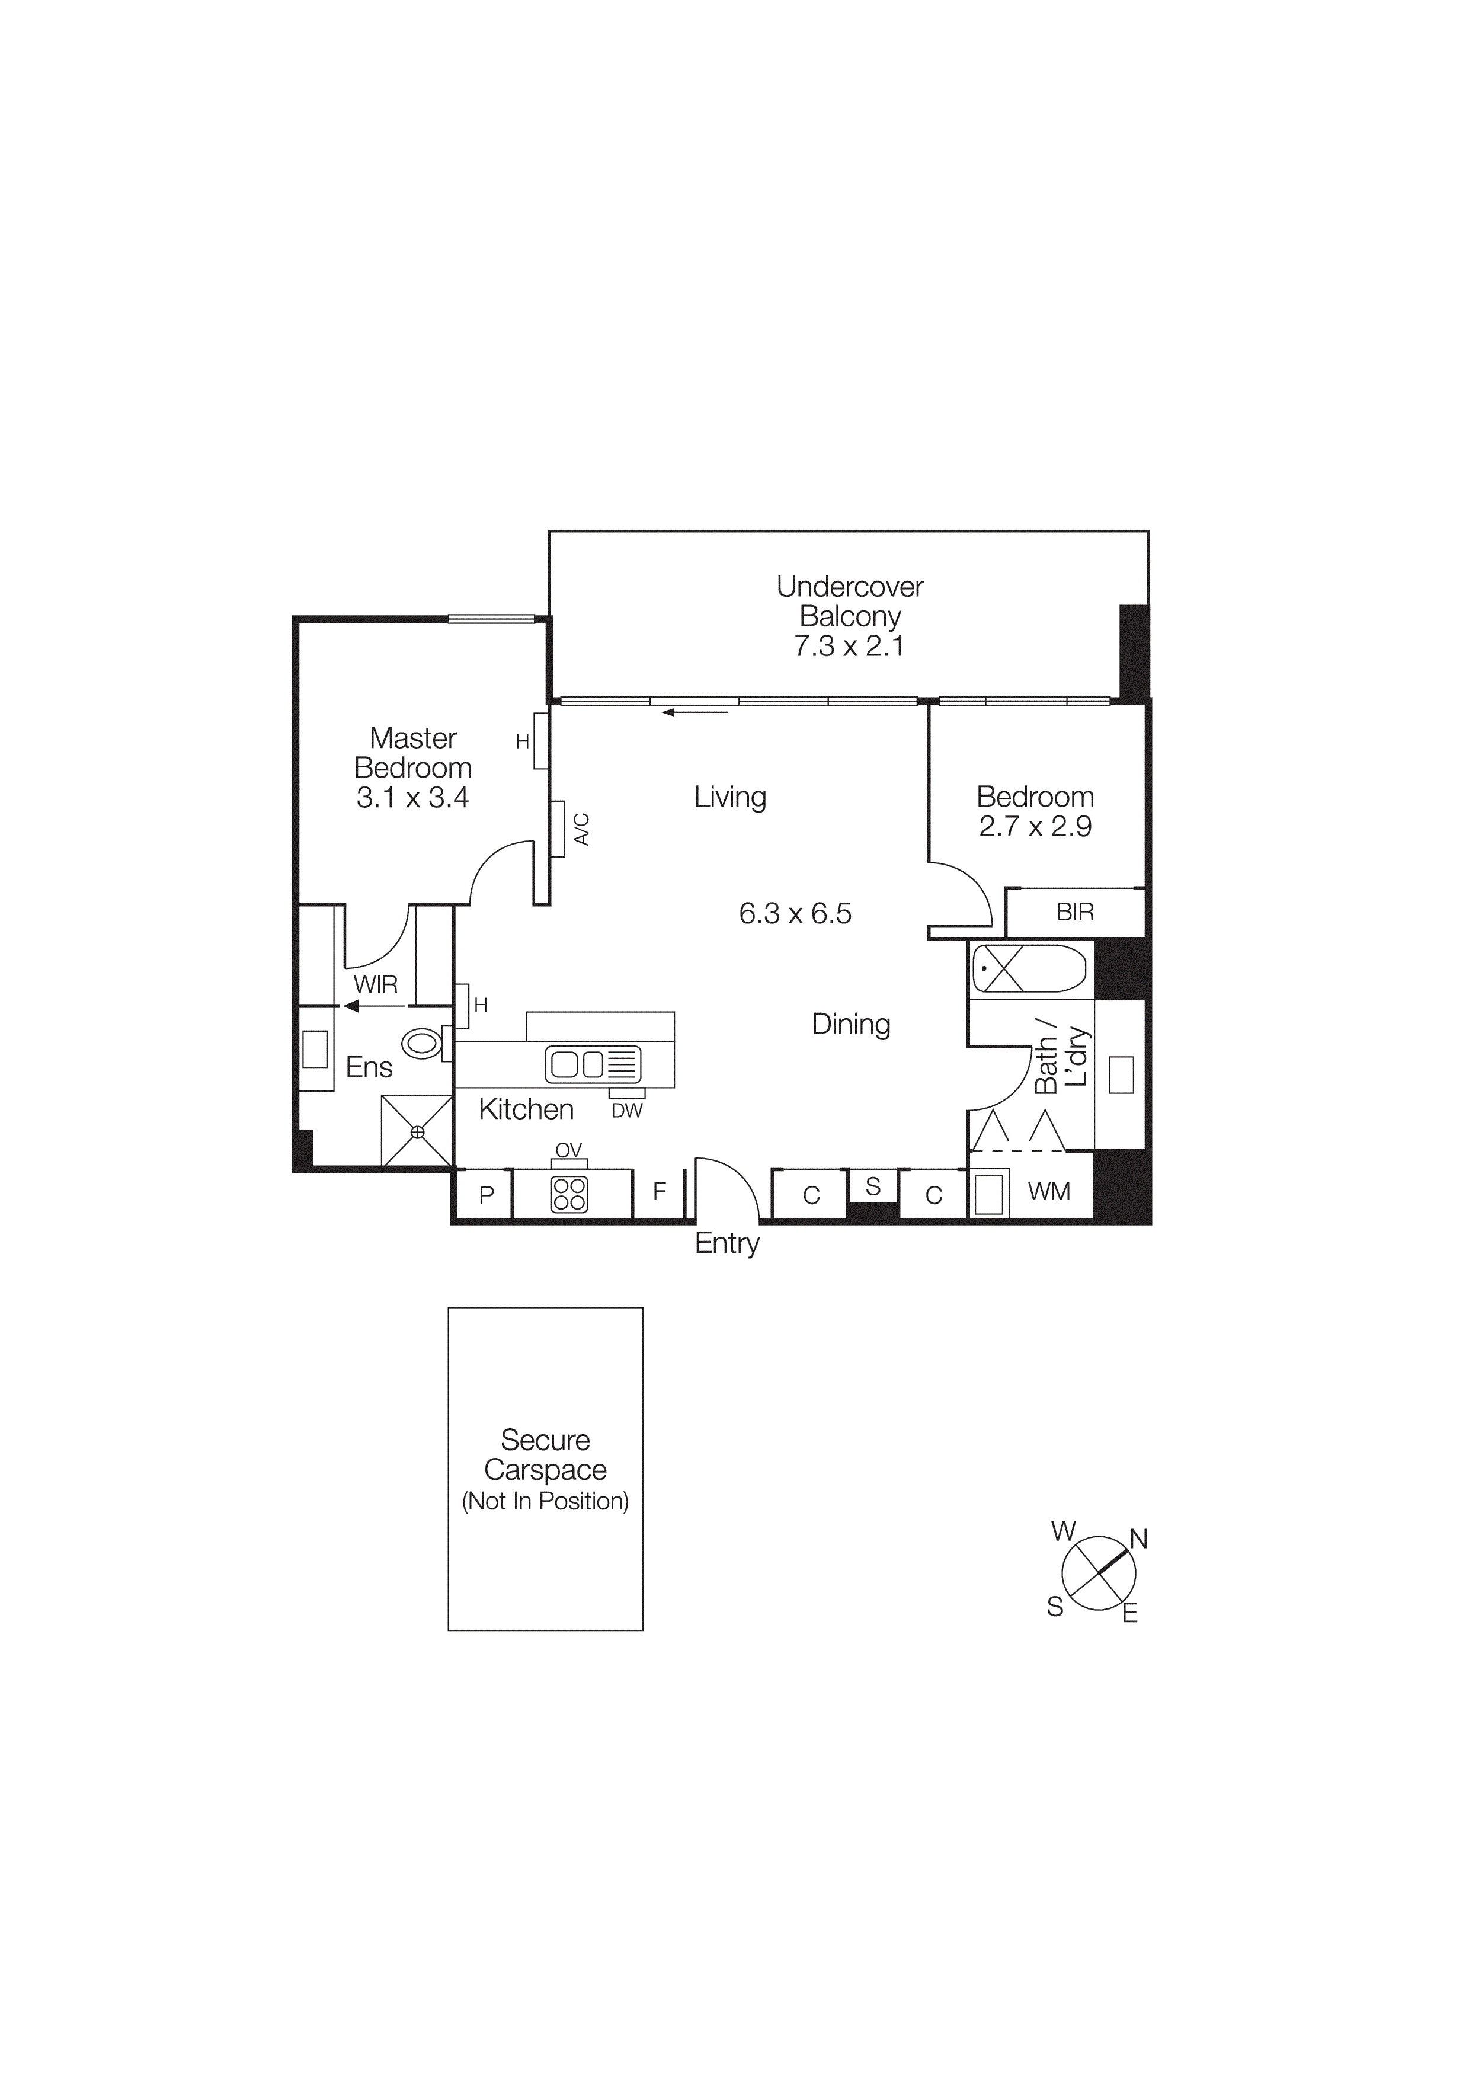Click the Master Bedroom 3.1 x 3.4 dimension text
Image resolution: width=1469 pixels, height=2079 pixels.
[x=413, y=798]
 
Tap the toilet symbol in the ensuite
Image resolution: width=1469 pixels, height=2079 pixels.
[x=422, y=1043]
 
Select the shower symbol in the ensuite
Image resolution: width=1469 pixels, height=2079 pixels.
[x=417, y=1131]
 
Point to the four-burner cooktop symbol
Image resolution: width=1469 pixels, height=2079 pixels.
[x=569, y=1194]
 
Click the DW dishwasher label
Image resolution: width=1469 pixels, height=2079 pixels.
[x=626, y=1111]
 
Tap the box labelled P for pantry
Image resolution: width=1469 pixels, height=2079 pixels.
[x=486, y=1194]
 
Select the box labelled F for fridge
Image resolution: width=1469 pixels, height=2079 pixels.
[x=659, y=1192]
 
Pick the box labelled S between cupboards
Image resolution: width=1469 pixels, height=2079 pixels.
[x=872, y=1186]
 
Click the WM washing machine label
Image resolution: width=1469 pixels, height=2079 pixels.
[x=1049, y=1192]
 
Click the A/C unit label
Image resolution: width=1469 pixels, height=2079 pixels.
[x=582, y=829]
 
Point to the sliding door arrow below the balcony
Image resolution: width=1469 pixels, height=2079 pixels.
[x=695, y=712]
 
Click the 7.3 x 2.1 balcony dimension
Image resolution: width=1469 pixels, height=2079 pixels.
[x=849, y=647]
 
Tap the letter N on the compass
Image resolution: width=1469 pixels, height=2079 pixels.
[x=1138, y=1539]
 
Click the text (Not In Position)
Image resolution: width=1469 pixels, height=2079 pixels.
[x=545, y=1501]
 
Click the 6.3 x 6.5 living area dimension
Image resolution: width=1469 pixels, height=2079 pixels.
[x=795, y=914]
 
